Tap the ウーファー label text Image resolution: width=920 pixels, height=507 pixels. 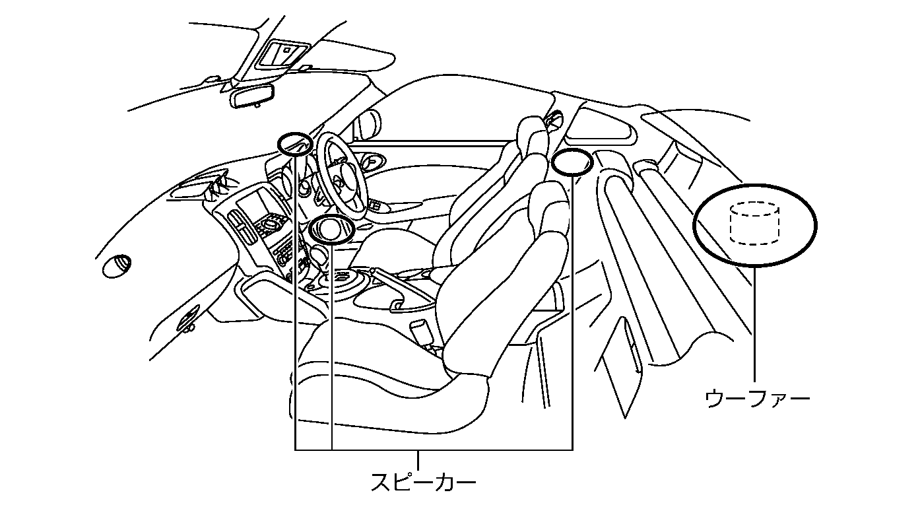[x=757, y=399]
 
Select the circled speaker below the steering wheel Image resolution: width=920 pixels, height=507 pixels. [x=331, y=229]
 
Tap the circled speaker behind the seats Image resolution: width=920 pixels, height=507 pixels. [x=572, y=162]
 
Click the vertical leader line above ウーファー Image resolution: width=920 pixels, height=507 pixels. [x=754, y=323]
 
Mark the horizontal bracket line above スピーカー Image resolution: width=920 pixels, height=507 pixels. [x=433, y=450]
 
